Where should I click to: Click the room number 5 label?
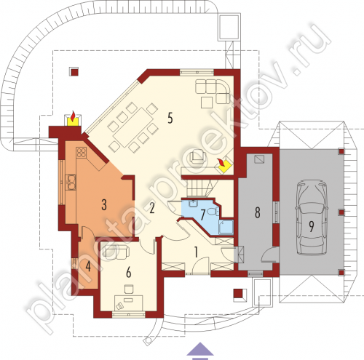[x=170, y=118]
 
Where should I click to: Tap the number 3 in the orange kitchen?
[x=104, y=205]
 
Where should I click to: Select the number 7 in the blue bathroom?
[x=202, y=215]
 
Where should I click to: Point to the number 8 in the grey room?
[x=258, y=212]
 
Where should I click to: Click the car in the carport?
[x=312, y=217]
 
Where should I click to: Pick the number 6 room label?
[x=129, y=273]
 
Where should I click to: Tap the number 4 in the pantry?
[x=88, y=267]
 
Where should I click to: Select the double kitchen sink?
[x=71, y=182]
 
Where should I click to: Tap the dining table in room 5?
[x=133, y=128]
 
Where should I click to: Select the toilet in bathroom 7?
[x=213, y=212]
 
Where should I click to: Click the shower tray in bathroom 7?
[x=226, y=227]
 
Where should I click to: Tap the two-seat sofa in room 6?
[x=116, y=252]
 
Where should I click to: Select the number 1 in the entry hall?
[x=196, y=252]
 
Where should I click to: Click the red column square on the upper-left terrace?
[x=74, y=72]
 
